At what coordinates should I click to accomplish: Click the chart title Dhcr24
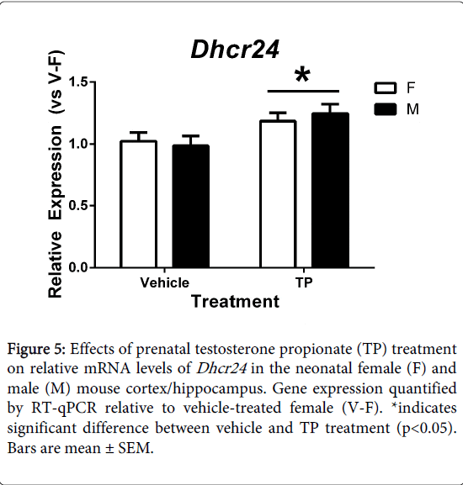tap(235, 50)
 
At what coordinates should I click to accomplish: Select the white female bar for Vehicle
tap(138, 204)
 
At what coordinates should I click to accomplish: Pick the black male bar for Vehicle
tap(191, 206)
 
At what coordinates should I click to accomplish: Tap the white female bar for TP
tap(278, 194)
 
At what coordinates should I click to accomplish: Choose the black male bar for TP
tap(331, 190)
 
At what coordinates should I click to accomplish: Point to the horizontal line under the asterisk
tap(303, 92)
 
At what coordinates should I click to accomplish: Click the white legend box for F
tap(386, 88)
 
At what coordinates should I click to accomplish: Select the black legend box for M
tap(386, 109)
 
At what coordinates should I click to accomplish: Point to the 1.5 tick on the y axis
tap(92, 82)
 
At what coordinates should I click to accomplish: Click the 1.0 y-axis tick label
tap(77, 144)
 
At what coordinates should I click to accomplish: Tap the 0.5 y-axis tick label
tap(77, 206)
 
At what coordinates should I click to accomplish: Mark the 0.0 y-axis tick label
tap(77, 267)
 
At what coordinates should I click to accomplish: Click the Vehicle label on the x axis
tap(164, 282)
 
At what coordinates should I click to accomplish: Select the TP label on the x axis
tap(304, 282)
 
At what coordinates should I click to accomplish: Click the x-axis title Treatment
tap(236, 302)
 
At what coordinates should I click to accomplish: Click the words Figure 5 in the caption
tap(36, 350)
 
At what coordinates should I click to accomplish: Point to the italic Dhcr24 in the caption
tap(221, 368)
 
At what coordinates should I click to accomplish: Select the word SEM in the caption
tap(136, 448)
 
